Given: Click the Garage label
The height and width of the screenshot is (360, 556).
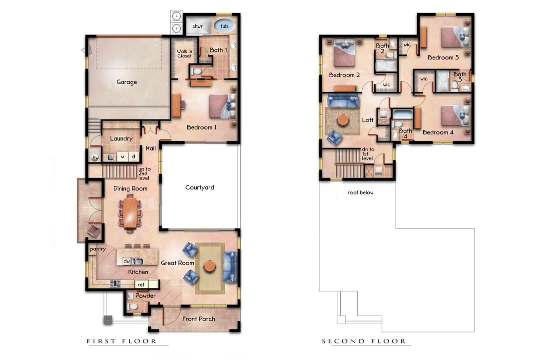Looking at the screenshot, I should coord(126,82).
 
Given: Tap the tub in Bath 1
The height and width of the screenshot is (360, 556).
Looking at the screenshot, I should coord(224,26).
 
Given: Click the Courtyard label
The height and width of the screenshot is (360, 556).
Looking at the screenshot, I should coord(199,187).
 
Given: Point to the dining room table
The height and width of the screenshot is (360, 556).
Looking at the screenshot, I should coord(130,212).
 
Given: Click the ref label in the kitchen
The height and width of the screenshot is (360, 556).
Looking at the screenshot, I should coord(141,284).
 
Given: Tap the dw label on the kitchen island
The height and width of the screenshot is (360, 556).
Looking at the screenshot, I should coord(127,260).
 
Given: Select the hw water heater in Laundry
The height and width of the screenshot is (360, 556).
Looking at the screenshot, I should coord(95,158).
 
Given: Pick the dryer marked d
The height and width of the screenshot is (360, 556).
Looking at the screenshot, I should coord(133,157).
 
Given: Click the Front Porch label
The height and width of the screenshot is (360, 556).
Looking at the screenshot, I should coord(198,318).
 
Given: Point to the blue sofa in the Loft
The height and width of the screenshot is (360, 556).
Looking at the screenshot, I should coord(343,101).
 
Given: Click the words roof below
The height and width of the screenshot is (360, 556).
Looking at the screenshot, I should coord(361,192).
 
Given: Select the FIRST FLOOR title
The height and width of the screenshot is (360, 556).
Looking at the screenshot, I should coord(121,341).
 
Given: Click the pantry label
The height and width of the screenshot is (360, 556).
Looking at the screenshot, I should coord(97,249).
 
